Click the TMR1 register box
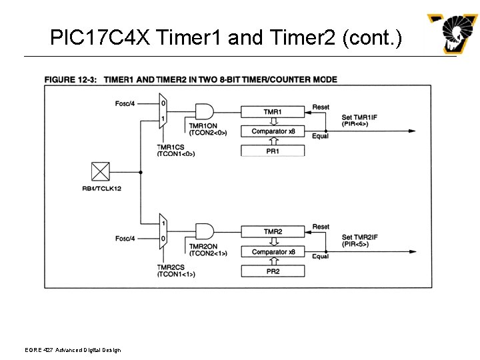tap(271, 111)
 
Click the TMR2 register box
tap(273, 232)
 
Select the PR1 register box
tap(272, 151)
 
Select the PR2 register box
tap(272, 272)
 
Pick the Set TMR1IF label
tap(359, 118)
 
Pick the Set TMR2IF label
tap(359, 238)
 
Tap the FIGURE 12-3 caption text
tap(191, 80)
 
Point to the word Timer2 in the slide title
tap(303, 38)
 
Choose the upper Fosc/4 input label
tap(125, 103)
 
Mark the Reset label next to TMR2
tap(321, 227)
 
